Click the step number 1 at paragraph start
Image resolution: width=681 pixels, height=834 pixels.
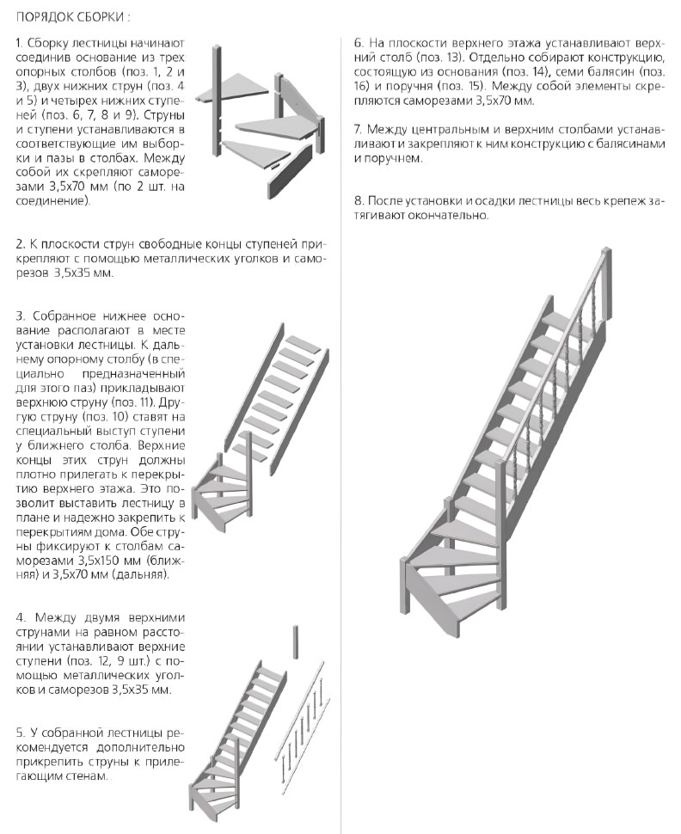(x=19, y=43)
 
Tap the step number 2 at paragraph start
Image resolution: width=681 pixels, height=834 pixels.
(x=19, y=244)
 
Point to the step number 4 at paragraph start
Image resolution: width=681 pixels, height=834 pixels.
(x=19, y=618)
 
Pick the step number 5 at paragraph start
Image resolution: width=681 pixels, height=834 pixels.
(x=19, y=733)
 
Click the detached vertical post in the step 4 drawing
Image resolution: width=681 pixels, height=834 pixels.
(x=295, y=641)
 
